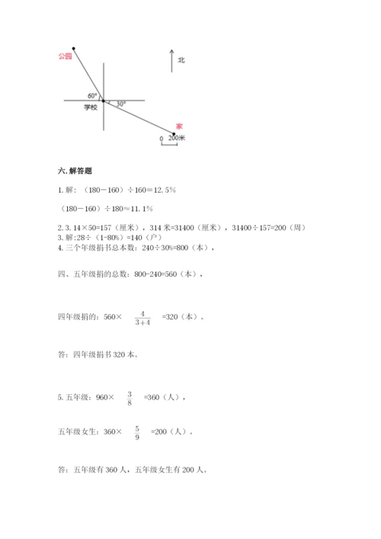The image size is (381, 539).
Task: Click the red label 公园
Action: coord(65,56)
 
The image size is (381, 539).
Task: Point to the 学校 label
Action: coord(91,108)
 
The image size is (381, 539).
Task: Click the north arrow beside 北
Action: coord(171,61)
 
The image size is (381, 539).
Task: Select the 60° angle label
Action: coord(92,95)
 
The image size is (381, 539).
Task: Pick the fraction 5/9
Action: coord(136,432)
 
